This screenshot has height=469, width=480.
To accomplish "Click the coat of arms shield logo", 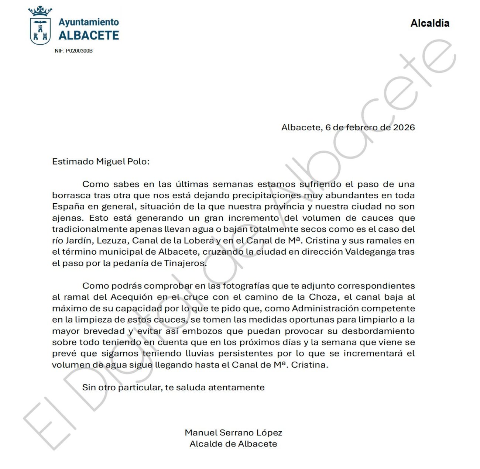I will [x=40, y=31].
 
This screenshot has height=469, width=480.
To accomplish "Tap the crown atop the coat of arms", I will [x=40, y=11].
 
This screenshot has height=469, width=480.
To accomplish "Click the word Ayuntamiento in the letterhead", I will [x=89, y=22].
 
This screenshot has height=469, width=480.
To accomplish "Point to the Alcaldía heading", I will [x=430, y=23].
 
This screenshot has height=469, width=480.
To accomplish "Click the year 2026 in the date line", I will [x=404, y=128].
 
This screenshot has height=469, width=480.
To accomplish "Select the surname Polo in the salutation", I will [x=138, y=162].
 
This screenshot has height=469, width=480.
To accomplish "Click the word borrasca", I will [x=71, y=196].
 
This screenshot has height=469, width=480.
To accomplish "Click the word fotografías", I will [x=241, y=286].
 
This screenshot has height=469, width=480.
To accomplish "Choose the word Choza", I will [x=324, y=297].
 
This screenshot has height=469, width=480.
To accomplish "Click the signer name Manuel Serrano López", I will [x=233, y=432].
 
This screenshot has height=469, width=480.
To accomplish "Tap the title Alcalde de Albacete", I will [x=233, y=444].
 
